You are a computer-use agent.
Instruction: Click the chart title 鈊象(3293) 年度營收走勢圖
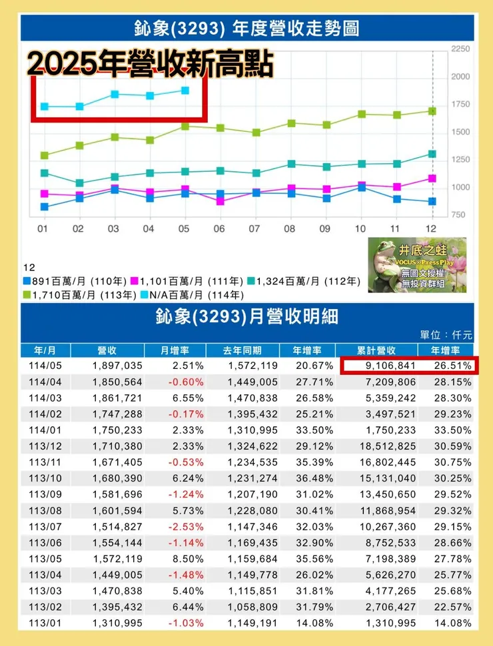(x=246, y=29)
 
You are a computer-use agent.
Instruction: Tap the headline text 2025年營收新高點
(x=151, y=64)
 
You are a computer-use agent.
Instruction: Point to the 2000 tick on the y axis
(x=460, y=77)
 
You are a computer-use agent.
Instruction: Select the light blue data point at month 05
(x=185, y=91)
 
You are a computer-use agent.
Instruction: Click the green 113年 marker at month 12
(x=432, y=111)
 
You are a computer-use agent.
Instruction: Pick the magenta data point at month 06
(x=221, y=201)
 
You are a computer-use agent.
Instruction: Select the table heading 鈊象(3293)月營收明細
(x=246, y=316)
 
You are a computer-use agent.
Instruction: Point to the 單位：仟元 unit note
(x=446, y=336)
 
